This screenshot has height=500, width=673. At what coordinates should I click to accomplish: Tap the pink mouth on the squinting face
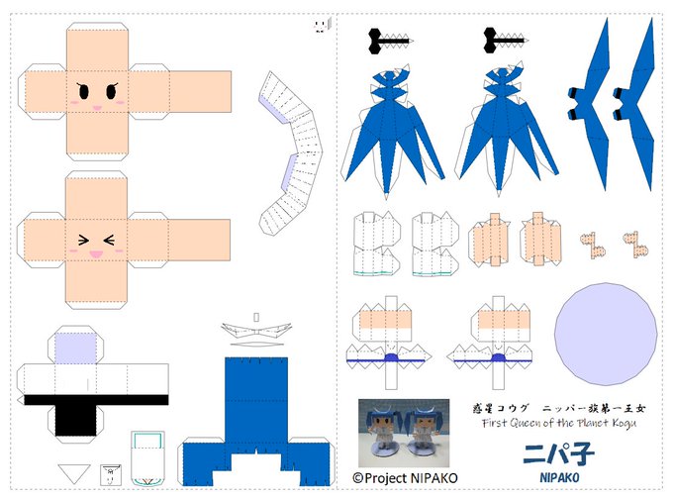(x=95, y=254)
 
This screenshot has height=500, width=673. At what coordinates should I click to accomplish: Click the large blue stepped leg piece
(x=255, y=416)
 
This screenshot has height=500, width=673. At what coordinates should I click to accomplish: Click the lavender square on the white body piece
(x=76, y=348)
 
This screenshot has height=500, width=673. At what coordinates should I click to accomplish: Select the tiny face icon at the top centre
(x=320, y=24)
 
